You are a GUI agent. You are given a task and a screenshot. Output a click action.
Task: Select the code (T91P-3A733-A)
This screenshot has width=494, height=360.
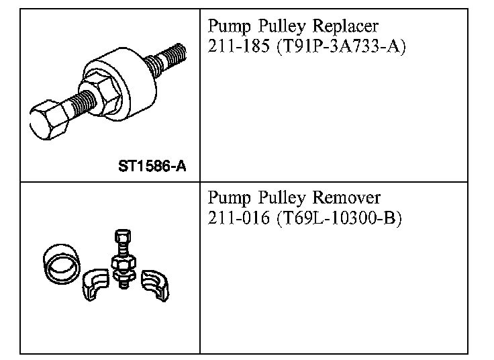341,48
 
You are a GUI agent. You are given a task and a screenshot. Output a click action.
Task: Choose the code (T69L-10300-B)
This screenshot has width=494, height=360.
339,220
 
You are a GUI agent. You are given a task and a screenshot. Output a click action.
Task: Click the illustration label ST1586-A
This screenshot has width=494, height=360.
152,165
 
